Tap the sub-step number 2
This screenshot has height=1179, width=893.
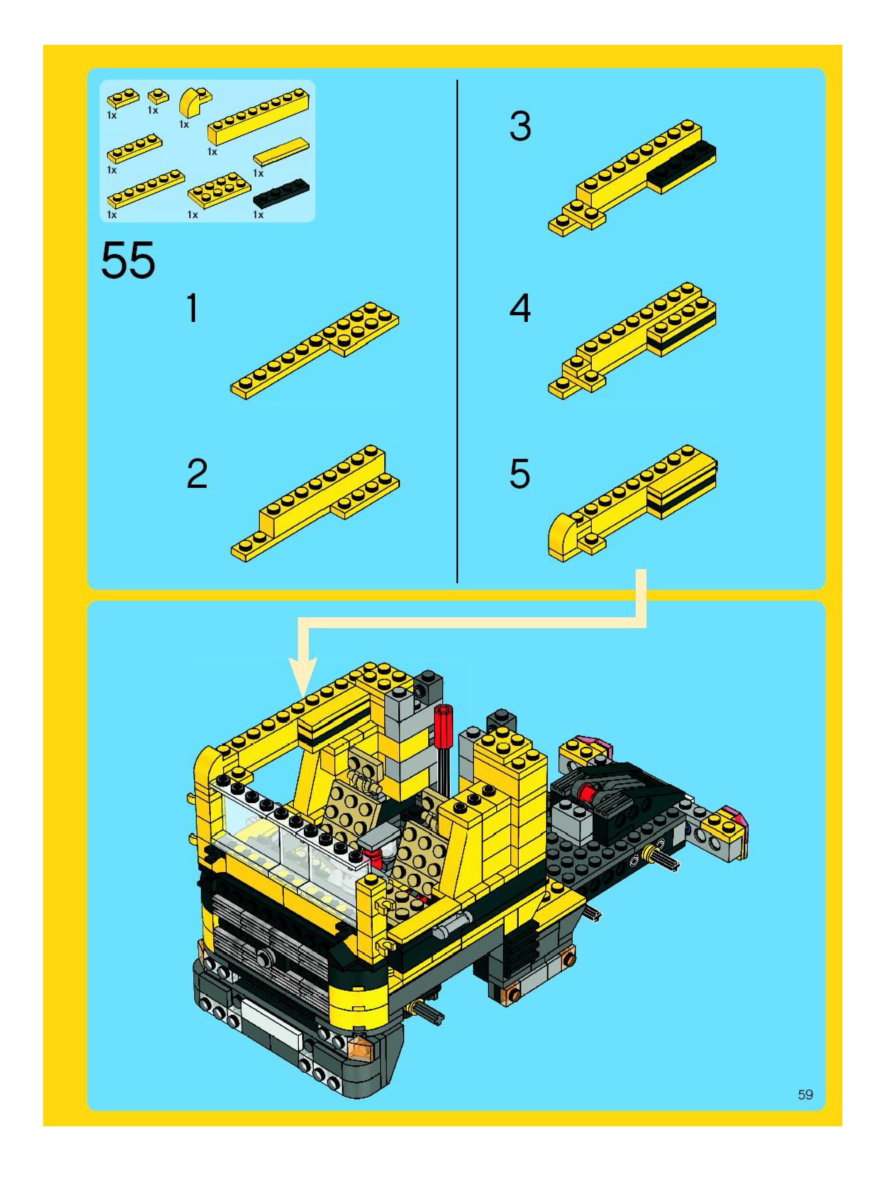click(x=197, y=474)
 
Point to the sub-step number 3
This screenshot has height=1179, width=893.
click(x=520, y=127)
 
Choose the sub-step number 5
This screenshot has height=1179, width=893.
click(x=520, y=474)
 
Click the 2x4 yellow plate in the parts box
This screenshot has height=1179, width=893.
click(x=219, y=189)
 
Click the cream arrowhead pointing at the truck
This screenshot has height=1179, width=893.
click(x=303, y=676)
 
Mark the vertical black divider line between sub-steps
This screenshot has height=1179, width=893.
click(x=457, y=331)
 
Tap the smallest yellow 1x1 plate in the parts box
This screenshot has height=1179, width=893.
click(x=158, y=96)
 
